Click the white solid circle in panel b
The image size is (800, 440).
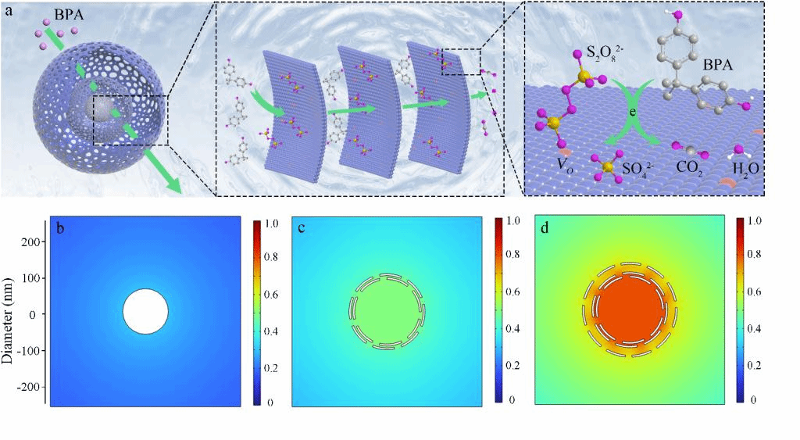tap(145, 311)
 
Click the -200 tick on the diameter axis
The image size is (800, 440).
tap(27, 386)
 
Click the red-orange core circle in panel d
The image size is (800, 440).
tap(629, 309)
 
